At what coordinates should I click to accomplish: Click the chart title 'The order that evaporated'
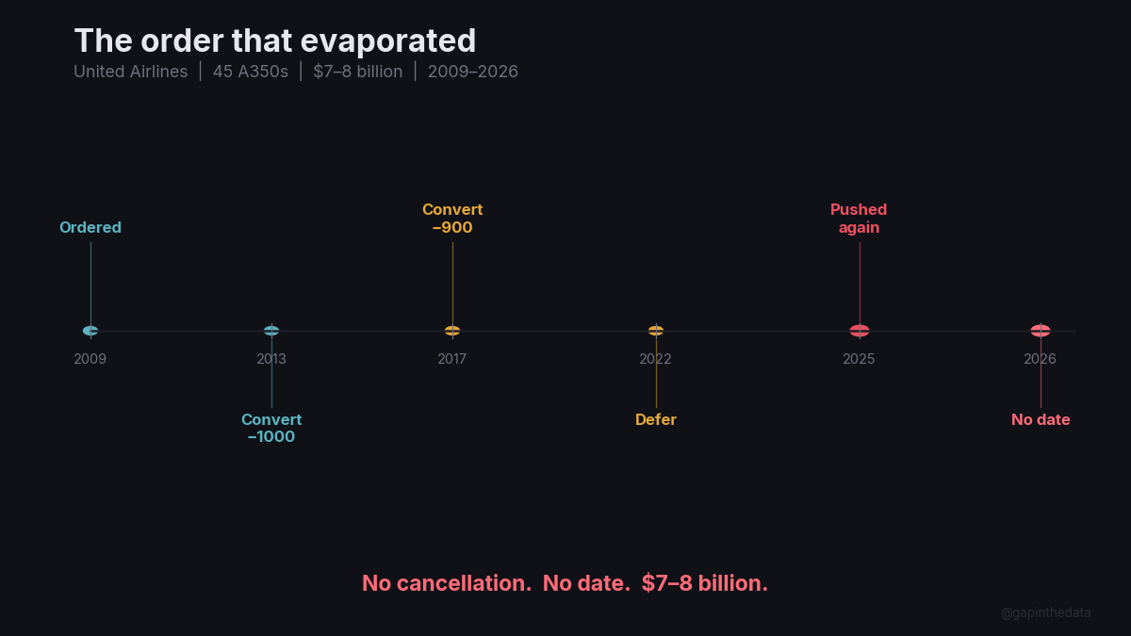pyautogui.click(x=274, y=41)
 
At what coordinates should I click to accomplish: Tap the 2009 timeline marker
pyautogui.click(x=90, y=331)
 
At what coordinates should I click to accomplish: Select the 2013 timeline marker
pyautogui.click(x=271, y=331)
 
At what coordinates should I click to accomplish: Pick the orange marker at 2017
pyautogui.click(x=452, y=331)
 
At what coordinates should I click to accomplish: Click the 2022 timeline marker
pyautogui.click(x=656, y=331)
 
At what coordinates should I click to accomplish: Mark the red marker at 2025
pyautogui.click(x=860, y=331)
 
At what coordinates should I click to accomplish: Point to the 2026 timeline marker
pyautogui.click(x=1041, y=331)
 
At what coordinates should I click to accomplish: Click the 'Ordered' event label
pyautogui.click(x=90, y=227)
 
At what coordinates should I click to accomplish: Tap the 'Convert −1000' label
pyautogui.click(x=271, y=429)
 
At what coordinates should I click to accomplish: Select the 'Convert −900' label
pyautogui.click(x=452, y=219)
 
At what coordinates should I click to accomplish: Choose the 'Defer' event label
pyautogui.click(x=656, y=420)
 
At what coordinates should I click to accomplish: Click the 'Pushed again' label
pyautogui.click(x=859, y=219)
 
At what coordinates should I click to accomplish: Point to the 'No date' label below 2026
pyautogui.click(x=1041, y=420)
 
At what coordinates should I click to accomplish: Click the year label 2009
pyautogui.click(x=90, y=359)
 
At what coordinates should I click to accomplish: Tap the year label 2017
pyautogui.click(x=452, y=359)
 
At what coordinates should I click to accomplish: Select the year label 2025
pyautogui.click(x=859, y=359)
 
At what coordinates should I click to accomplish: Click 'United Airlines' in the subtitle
pyautogui.click(x=131, y=72)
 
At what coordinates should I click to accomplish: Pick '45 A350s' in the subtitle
pyautogui.click(x=251, y=72)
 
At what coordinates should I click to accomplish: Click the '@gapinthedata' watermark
pyautogui.click(x=1045, y=612)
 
